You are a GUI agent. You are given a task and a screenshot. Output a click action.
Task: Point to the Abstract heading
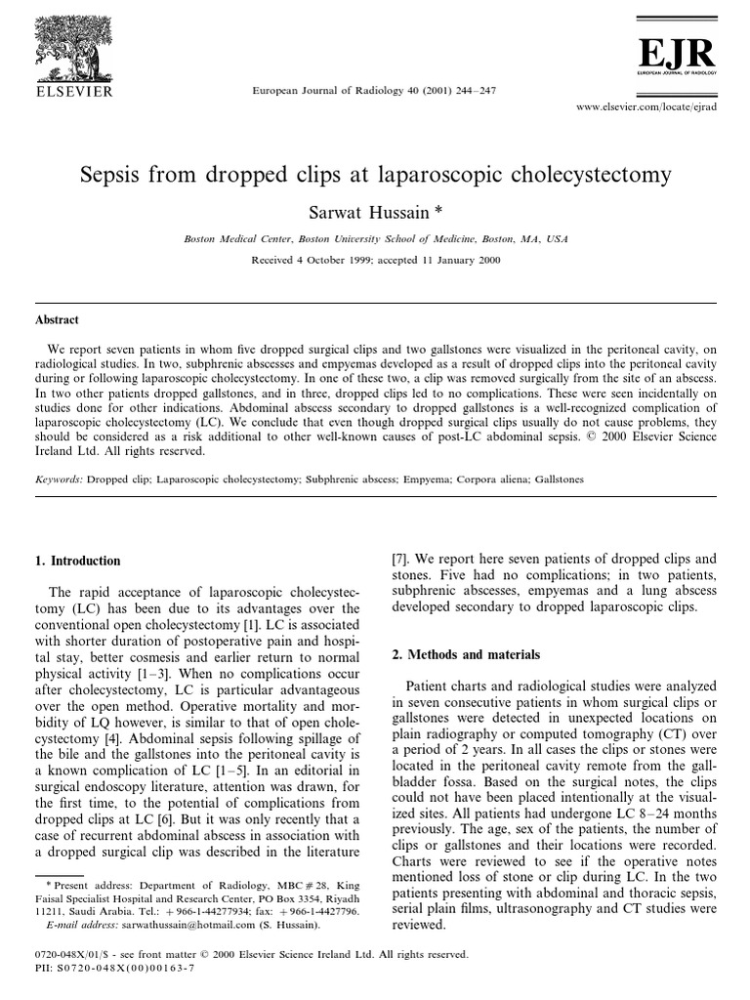click(x=58, y=320)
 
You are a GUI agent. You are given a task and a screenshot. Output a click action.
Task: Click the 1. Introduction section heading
click(x=78, y=562)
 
